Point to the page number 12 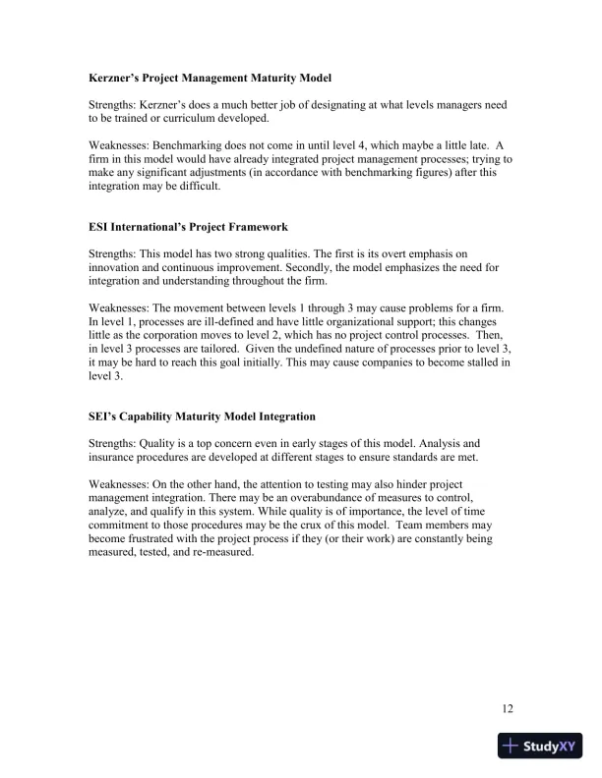tap(508, 708)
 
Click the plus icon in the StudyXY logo tap(510, 747)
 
